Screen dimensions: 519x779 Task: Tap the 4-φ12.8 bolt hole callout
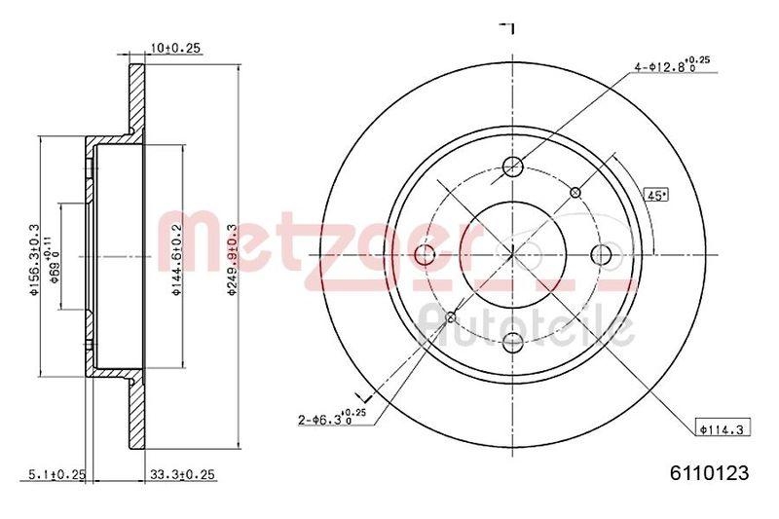[x=671, y=66]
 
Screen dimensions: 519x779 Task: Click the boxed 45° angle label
[x=656, y=195]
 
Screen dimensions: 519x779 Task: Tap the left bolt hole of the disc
[x=425, y=255]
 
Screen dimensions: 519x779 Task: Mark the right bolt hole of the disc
[x=601, y=255]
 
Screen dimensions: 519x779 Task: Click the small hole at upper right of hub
[x=575, y=192]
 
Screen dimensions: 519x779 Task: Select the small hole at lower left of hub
[x=450, y=317]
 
